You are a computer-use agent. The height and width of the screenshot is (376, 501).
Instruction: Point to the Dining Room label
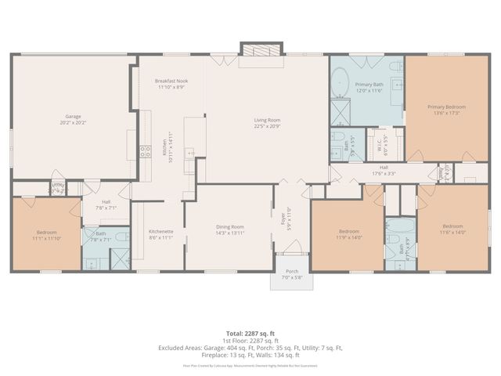click(x=230, y=230)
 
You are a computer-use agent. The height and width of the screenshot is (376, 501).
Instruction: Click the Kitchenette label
click(x=160, y=234)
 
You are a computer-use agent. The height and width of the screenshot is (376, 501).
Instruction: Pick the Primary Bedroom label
click(x=446, y=109)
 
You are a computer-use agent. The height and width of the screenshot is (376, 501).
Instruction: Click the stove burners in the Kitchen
click(x=145, y=151)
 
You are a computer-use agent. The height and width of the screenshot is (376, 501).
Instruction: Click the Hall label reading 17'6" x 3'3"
click(x=384, y=170)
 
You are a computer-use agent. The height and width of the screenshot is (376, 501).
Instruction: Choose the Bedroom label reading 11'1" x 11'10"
click(x=46, y=235)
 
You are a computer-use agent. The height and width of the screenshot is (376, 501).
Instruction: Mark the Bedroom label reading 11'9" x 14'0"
click(x=348, y=233)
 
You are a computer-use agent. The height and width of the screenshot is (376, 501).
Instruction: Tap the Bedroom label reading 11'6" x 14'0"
click(x=452, y=230)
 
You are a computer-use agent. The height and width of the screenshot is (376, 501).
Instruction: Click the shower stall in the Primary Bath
click(x=341, y=114)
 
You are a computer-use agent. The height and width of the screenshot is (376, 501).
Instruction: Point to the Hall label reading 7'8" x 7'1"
click(x=106, y=205)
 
